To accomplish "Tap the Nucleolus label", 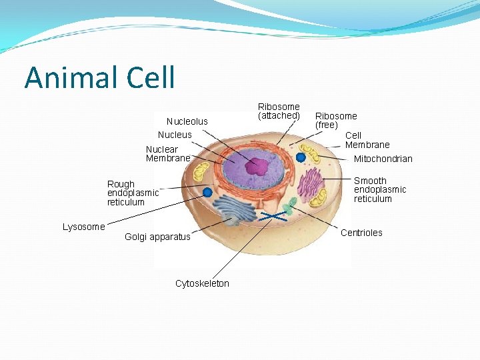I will click(187, 121).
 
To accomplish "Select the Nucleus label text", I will click(175, 135).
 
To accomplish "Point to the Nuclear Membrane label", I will click(168, 154).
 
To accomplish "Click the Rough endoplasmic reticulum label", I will click(133, 193).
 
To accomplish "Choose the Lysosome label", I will click(83, 227).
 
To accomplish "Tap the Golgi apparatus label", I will click(157, 237).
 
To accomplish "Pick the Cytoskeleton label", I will click(202, 283).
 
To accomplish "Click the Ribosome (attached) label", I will click(279, 111).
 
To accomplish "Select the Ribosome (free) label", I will click(336, 121).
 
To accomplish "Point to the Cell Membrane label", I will click(367, 140).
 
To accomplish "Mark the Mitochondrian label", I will click(383, 159).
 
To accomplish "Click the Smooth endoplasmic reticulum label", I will click(379, 190).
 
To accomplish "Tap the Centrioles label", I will click(361, 233).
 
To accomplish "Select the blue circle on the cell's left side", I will click(207, 192).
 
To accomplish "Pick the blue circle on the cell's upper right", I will click(301, 157).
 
